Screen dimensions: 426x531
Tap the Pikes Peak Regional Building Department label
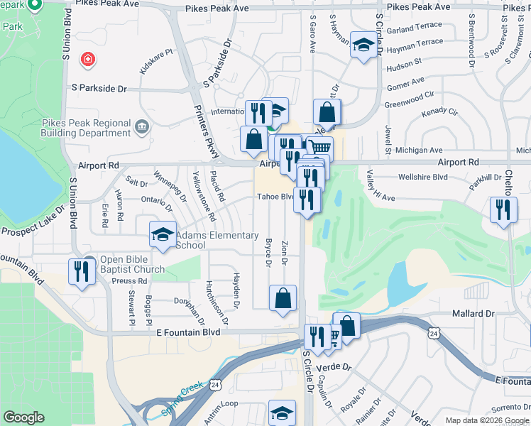(86, 128)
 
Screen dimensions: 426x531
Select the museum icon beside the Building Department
(142, 127)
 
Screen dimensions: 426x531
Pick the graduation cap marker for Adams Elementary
(162, 234)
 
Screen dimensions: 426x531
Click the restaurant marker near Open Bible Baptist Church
(81, 271)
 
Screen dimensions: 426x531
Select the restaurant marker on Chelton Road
(503, 209)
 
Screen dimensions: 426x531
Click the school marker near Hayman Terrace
(363, 45)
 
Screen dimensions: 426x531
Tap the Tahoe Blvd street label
(275, 197)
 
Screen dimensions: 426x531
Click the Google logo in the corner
(23, 417)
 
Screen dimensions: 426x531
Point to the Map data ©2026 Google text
(488, 420)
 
